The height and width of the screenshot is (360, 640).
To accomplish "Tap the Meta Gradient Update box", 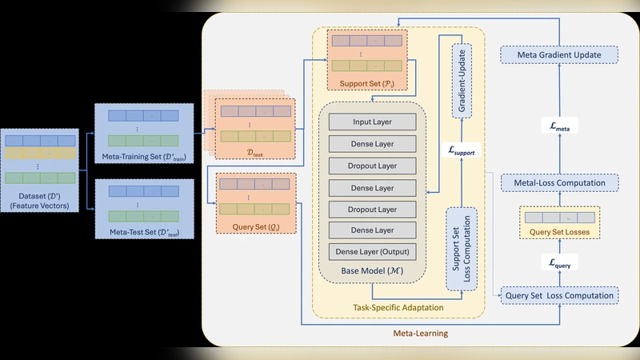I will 559,54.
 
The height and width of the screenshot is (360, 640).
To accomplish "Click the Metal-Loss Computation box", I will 559,183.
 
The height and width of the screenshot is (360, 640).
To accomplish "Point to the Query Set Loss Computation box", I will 559,295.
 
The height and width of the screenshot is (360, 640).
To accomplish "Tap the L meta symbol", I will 559,124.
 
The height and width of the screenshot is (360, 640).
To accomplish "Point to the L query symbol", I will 559,261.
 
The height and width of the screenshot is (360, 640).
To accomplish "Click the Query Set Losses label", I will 559,234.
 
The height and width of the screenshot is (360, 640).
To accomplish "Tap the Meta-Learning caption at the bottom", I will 420,332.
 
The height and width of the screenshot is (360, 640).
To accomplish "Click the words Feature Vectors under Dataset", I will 40,206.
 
